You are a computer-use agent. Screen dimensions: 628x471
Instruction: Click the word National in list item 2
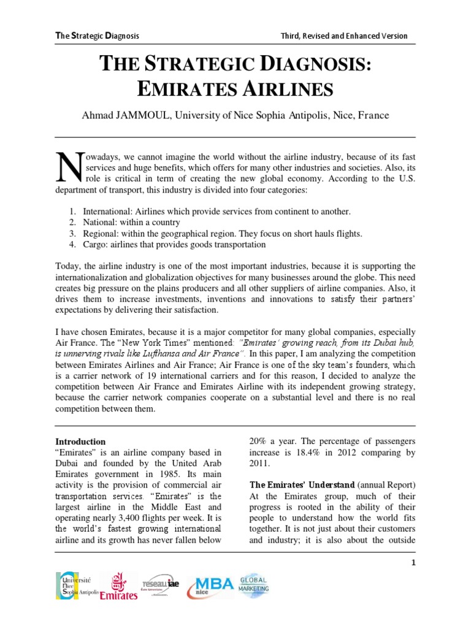click(101, 223)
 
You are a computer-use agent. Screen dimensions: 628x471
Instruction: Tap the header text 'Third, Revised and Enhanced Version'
click(343, 36)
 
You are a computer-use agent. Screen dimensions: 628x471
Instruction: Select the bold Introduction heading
click(81, 442)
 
